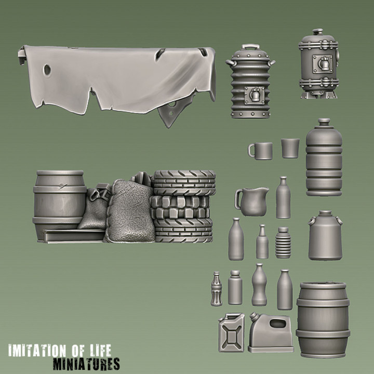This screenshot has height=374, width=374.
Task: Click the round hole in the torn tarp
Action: point(47,69)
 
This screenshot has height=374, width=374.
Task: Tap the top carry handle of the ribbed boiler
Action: point(250,47)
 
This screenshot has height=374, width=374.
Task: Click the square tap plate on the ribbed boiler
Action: point(254,96)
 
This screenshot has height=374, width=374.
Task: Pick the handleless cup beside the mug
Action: point(290,148)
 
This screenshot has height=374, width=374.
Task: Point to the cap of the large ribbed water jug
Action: point(324,122)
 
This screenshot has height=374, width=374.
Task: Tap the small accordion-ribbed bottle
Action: point(283,243)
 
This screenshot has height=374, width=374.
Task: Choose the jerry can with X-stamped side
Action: point(231,332)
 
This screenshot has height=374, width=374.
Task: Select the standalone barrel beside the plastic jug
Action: point(323,319)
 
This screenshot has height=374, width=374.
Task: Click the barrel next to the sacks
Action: point(58,200)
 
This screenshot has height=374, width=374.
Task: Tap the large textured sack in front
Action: point(129,211)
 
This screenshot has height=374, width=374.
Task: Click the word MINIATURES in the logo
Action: point(86,363)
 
